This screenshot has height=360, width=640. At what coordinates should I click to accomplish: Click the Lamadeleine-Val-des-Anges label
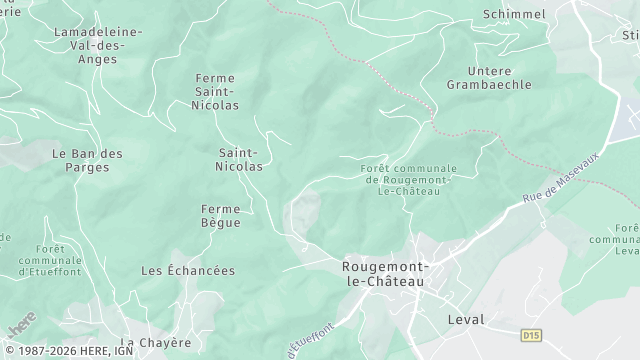(x=97, y=46)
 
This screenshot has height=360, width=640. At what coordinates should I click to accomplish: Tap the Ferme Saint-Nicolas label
(x=216, y=90)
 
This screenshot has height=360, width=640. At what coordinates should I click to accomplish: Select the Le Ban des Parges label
(x=87, y=160)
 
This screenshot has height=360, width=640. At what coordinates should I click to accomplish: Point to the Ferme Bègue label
(x=220, y=215)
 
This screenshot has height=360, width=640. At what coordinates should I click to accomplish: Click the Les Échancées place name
(x=188, y=271)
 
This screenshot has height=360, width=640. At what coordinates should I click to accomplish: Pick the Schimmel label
(x=514, y=14)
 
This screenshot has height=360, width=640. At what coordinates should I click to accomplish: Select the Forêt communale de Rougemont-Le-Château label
(x=408, y=179)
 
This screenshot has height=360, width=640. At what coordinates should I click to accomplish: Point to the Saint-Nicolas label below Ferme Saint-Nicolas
(x=240, y=159)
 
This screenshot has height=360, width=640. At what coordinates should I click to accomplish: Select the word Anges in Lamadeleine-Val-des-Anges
(x=97, y=59)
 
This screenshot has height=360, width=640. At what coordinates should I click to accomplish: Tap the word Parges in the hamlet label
(x=87, y=167)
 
